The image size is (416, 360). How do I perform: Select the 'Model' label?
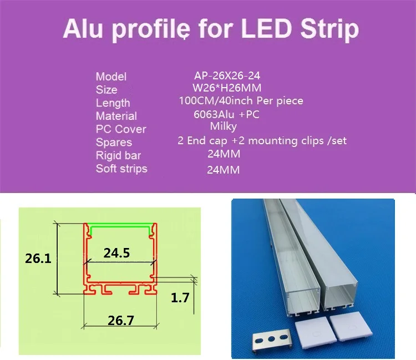point(111,77)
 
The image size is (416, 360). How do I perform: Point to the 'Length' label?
point(113,103)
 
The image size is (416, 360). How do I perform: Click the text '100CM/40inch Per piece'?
point(241,101)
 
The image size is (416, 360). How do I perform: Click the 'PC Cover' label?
point(121,129)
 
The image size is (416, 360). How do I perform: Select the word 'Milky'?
point(224,128)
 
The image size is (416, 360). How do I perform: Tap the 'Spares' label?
point(114,143)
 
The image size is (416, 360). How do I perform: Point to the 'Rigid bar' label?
point(118,155)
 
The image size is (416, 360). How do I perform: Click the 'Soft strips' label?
point(121,168)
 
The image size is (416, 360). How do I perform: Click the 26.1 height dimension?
point(38,258)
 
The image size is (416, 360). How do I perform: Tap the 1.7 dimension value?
point(180,297)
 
